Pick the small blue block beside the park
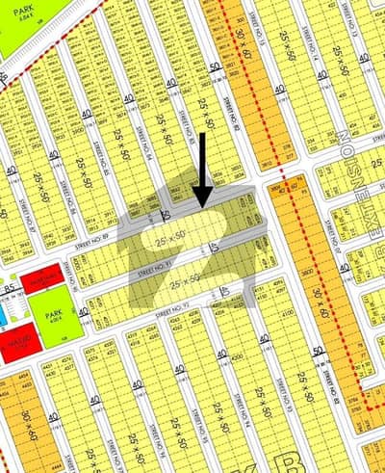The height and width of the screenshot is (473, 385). [4, 313]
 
